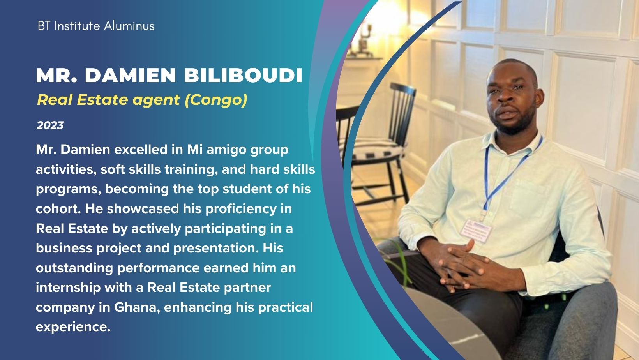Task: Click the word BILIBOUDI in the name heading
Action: tap(243, 76)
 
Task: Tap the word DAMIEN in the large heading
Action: tap(131, 76)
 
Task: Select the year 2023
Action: tap(50, 125)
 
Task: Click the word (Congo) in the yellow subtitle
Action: tap(216, 100)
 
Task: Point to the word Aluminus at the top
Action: tap(129, 26)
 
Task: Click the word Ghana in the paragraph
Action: tap(137, 307)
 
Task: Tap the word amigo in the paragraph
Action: tap(226, 150)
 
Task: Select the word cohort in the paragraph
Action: tap(58, 208)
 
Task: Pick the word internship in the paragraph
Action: tap(68, 287)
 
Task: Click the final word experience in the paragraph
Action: tap(73, 326)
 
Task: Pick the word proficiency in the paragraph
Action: tap(241, 209)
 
